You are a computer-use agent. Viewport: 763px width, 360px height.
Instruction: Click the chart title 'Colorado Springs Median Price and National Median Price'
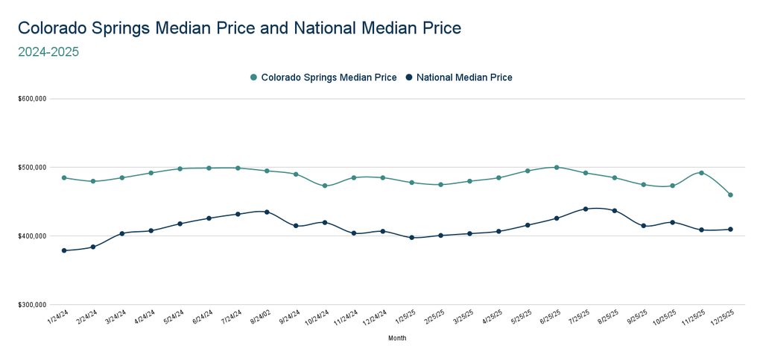239,28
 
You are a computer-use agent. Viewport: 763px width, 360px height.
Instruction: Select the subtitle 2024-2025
48,52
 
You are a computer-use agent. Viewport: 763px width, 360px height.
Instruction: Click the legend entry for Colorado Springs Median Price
323,78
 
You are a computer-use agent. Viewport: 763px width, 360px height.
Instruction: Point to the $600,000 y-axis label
32,98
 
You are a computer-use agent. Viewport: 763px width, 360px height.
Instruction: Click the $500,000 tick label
32,167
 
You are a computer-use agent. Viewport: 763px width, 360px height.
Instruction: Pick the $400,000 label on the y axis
32,236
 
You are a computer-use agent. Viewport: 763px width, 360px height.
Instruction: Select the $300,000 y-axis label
32,305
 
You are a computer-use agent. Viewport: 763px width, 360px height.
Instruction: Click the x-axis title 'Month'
397,338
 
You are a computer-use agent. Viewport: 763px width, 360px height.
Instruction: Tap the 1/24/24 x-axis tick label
58,318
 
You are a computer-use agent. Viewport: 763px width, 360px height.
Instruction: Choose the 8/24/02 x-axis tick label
261,318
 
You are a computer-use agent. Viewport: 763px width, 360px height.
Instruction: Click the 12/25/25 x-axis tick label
724,318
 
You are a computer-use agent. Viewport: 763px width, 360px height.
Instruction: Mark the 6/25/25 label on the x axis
550,318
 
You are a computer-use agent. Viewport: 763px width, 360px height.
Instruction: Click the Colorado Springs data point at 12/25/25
730,195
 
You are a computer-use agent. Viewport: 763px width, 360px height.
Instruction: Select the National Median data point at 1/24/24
64,250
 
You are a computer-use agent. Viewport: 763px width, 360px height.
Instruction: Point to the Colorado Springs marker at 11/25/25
701,173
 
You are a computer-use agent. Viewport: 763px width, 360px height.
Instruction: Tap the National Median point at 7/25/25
586,209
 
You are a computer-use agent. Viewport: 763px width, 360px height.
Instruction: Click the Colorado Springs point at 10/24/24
325,186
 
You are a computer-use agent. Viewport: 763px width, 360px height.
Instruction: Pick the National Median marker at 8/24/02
267,212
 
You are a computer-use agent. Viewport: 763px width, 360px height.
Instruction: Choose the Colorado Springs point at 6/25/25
557,167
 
